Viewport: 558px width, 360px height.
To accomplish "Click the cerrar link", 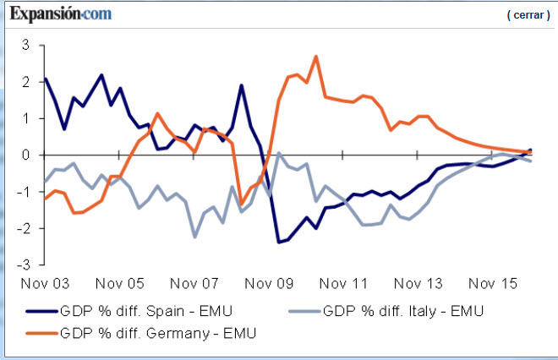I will tap(528, 15).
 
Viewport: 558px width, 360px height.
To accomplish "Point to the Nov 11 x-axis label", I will tap(343, 283).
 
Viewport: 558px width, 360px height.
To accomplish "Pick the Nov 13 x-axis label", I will tap(418, 283).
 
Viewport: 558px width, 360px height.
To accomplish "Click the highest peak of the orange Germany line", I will tap(315, 57).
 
